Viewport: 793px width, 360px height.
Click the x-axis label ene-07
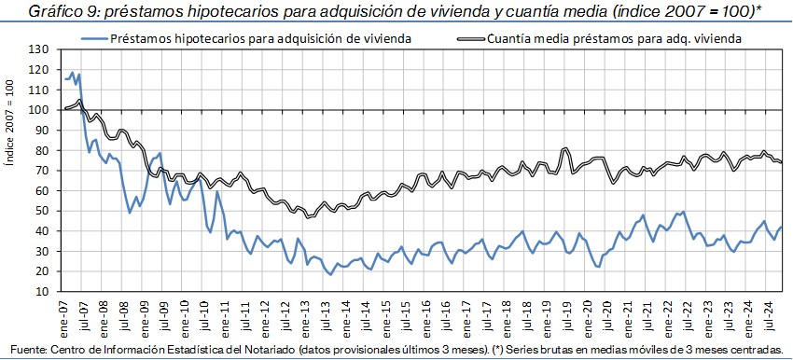click(x=64, y=313)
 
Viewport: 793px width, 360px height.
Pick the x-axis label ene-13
click(x=307, y=313)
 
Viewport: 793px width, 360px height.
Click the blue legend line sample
click(x=94, y=38)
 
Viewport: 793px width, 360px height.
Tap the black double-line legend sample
click(x=471, y=38)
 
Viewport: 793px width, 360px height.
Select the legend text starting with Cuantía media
click(x=615, y=38)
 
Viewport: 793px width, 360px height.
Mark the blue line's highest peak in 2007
click(x=73, y=73)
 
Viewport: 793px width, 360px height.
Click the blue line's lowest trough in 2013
click(x=331, y=274)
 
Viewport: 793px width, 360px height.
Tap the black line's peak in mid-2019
click(x=566, y=148)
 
